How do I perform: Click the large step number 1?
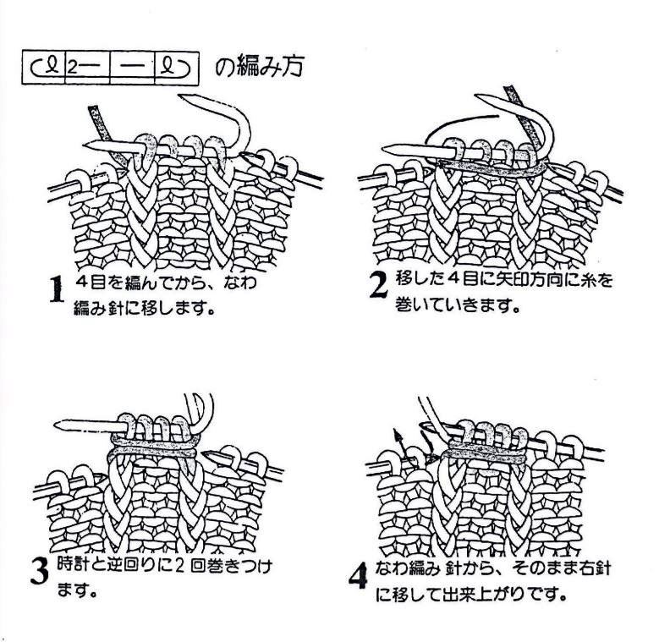[57, 289]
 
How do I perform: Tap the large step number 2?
[379, 285]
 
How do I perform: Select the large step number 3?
[40, 571]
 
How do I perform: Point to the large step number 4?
[358, 576]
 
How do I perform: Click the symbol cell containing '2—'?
[87, 68]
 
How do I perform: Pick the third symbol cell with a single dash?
[132, 68]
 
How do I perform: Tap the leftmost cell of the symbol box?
[44, 68]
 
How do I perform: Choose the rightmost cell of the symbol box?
[177, 68]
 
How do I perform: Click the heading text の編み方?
[259, 66]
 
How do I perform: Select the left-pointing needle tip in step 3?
[58, 425]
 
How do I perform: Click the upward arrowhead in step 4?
[396, 434]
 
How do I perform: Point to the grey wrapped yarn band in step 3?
[154, 446]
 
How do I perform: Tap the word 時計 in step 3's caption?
[71, 566]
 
